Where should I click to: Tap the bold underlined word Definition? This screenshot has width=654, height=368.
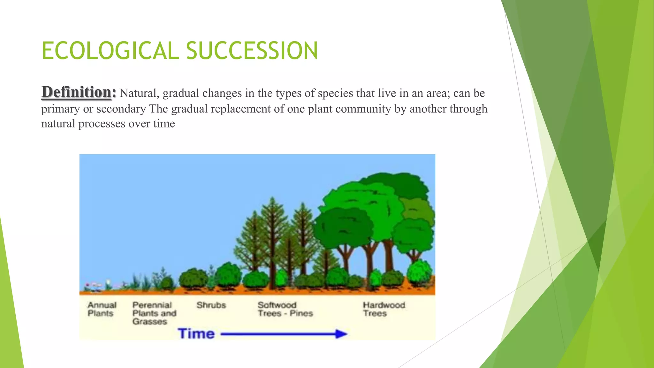click(x=76, y=92)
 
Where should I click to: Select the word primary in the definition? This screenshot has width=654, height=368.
click(x=60, y=109)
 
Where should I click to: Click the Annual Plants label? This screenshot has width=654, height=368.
click(x=102, y=309)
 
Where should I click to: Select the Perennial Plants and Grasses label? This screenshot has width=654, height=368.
click(x=154, y=313)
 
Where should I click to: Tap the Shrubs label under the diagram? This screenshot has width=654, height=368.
click(x=211, y=305)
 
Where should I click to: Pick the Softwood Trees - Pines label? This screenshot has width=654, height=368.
click(x=285, y=309)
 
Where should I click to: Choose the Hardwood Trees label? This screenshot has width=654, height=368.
click(x=384, y=309)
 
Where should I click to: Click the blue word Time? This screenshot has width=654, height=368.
click(x=196, y=333)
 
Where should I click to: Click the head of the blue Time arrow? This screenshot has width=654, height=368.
click(x=342, y=334)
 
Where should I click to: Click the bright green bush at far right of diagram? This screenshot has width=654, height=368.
click(x=419, y=272)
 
